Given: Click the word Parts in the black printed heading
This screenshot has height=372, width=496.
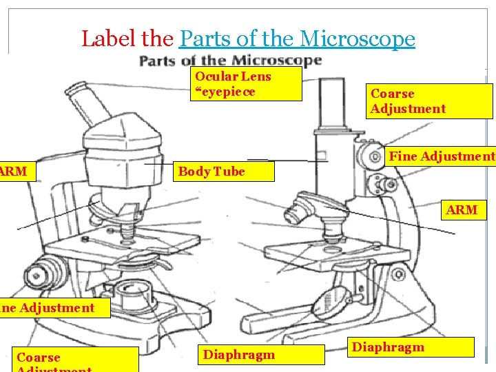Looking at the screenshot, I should click(158, 61).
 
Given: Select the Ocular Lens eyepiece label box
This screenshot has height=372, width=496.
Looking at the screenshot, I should click(247, 84).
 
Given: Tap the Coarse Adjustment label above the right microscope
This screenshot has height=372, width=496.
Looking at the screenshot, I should click(431, 101).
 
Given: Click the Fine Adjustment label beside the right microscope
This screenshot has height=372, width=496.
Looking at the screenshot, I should click(441, 156).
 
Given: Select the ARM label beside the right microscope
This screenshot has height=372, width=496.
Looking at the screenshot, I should click(462, 209).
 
